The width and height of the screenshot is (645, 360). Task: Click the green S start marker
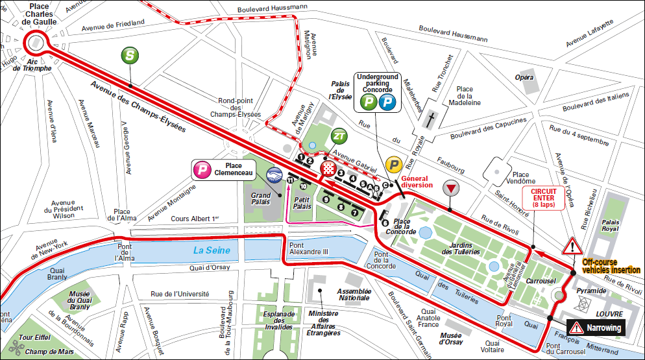coord(130,56)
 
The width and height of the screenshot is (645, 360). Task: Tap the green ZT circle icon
coord(339,136)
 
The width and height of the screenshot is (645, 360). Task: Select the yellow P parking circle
coord(393,165)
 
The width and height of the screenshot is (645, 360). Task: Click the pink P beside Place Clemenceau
coord(202,171)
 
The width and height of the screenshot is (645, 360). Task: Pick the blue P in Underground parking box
coord(387,102)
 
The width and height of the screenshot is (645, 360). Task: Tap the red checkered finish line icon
coord(330,171)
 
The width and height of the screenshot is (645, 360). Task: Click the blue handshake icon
coord(274,174)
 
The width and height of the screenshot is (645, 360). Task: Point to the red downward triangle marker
coord(450,189)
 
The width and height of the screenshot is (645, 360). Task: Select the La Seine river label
coord(212,250)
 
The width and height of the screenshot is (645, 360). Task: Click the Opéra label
coord(524,77)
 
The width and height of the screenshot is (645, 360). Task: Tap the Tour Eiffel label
coord(35,337)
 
